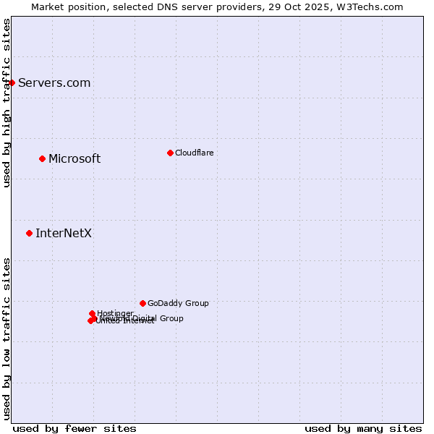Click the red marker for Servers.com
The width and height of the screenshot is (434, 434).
[12, 82]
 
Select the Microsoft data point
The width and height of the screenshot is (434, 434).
[42, 158]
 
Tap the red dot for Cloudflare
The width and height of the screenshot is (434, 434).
[170, 153]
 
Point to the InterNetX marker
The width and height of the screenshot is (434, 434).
[29, 233]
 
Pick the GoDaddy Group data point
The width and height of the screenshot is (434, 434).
[142, 303]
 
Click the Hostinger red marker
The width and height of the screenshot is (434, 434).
[92, 313]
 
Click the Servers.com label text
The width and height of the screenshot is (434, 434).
[54, 82]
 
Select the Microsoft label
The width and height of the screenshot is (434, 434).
[75, 159]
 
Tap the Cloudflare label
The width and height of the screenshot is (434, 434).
[194, 153]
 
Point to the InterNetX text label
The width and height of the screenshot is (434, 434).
[64, 234]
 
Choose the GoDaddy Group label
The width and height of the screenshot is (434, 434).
[178, 303]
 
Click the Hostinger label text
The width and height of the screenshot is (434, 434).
[115, 313]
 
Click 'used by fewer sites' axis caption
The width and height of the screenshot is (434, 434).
[75, 428]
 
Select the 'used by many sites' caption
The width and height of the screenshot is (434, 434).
[363, 428]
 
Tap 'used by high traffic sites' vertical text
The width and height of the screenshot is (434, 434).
[7, 103]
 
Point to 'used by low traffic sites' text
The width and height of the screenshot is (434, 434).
[7, 338]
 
